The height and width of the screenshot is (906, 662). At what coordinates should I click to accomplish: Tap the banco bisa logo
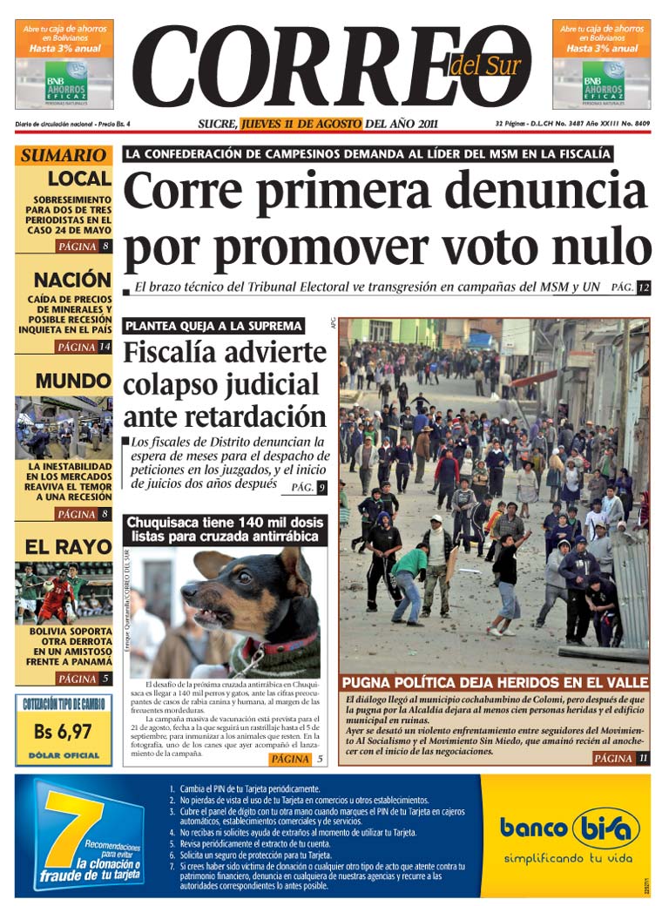(569, 828)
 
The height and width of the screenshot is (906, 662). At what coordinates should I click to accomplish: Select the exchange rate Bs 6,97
(63, 732)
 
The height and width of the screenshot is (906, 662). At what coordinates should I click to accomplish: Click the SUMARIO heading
(63, 156)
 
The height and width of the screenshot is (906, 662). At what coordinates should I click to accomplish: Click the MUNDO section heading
(73, 382)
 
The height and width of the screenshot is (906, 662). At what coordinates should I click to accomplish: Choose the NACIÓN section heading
(72, 281)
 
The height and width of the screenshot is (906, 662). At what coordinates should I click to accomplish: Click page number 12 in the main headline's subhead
(644, 287)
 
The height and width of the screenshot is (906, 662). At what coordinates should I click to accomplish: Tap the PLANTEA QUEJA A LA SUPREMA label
(213, 326)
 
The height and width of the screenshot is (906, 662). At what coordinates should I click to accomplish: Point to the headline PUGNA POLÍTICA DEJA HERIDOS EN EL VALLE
(494, 682)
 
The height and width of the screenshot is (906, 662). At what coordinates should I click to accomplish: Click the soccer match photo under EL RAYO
(63, 592)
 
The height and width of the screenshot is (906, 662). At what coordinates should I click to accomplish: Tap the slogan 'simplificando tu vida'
(567, 858)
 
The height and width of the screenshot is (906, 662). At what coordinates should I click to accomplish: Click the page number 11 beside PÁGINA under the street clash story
(643, 759)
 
